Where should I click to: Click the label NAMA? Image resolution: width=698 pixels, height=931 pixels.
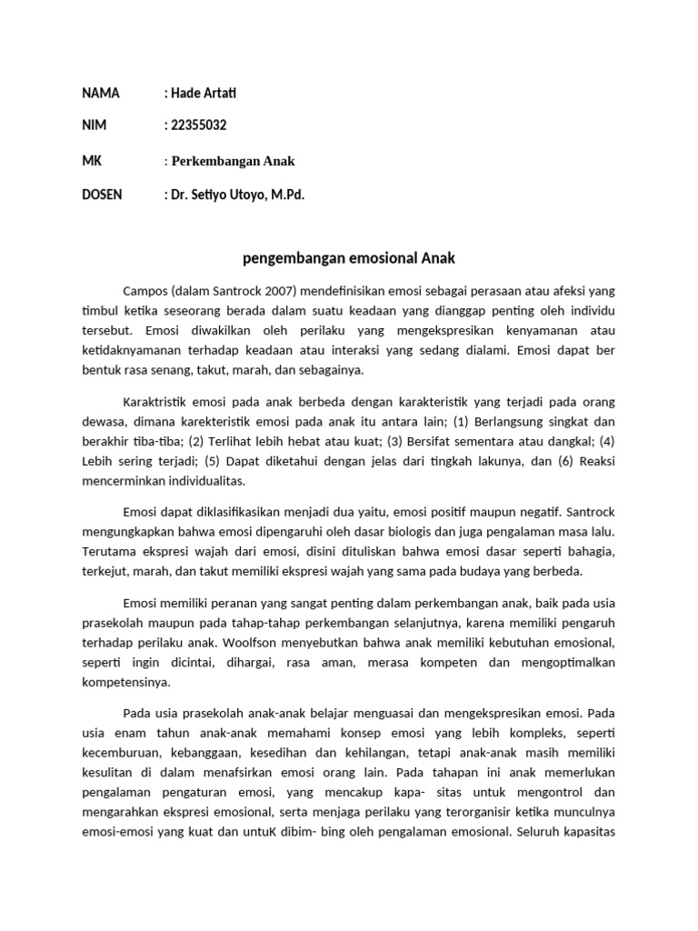100,93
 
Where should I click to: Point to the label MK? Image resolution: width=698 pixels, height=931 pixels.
92,161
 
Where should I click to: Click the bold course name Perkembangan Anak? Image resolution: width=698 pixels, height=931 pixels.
234,161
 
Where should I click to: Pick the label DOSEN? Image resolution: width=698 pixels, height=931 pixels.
103,195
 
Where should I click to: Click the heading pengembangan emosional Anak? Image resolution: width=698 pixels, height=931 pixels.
349,258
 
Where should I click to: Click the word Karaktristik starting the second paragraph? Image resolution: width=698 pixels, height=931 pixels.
157,401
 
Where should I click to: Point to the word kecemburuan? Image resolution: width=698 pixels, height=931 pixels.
120,753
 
